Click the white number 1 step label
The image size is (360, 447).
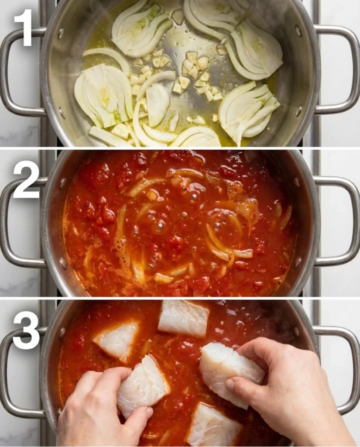click(x=24, y=27)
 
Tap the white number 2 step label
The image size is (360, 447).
click(x=26, y=179)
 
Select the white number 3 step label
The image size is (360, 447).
click(x=26, y=330)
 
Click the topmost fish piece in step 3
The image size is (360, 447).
click(x=183, y=318)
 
